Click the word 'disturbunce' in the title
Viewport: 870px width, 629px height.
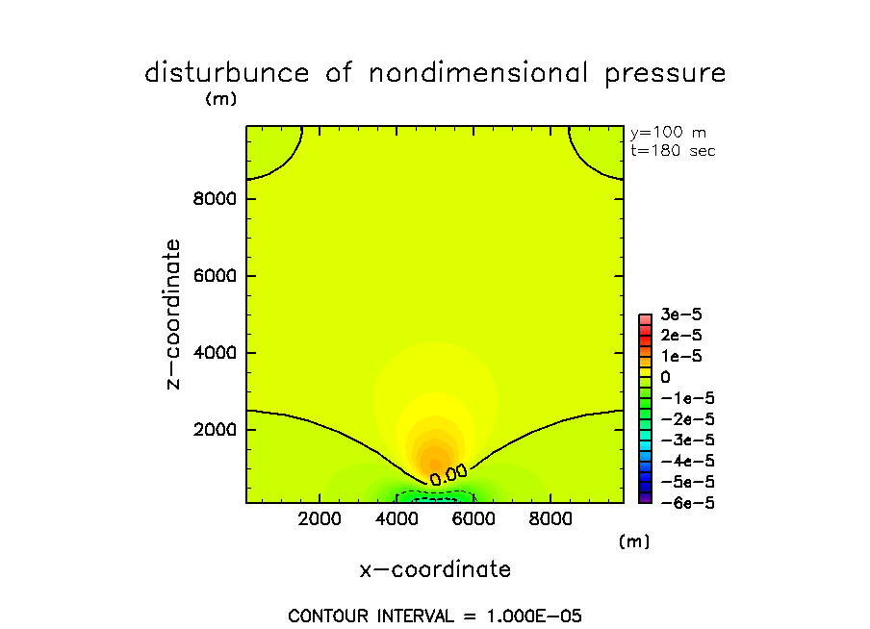228,73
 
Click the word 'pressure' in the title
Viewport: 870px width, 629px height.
665,73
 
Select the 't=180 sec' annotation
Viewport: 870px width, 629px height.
673,150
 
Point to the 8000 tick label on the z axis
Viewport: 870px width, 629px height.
214,200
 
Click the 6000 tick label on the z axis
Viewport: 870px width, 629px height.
214,277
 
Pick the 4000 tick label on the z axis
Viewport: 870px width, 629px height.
214,353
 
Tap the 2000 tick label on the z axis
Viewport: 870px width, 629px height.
214,430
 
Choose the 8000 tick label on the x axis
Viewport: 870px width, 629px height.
550,519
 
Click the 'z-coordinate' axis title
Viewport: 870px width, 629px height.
173,314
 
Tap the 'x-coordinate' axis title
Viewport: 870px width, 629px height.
435,569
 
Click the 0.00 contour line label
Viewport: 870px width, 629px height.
448,473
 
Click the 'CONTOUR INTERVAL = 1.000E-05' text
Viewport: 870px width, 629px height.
435,616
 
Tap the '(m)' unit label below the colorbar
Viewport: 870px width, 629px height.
634,541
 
